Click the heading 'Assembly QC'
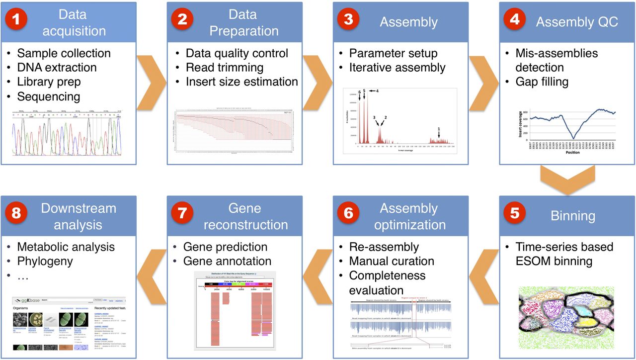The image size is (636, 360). (577, 22)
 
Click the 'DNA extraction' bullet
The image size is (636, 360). (57, 67)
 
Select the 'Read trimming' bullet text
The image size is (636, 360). (225, 67)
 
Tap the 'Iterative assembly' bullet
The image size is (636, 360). (397, 67)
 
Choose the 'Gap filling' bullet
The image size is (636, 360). (542, 81)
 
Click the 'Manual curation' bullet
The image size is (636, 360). (392, 261)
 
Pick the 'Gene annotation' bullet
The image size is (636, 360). (227, 261)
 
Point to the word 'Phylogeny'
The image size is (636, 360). (45, 261)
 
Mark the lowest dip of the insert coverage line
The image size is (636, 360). (573, 138)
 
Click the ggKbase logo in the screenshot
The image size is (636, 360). (27, 301)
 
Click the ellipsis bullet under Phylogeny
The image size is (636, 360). (23, 275)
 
